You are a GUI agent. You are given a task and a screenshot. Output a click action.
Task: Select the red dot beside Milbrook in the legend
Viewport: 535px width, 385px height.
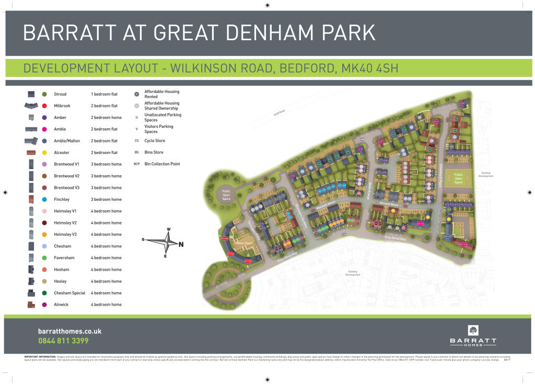[44, 106]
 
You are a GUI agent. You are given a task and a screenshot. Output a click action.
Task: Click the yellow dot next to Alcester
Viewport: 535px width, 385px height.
[44, 153]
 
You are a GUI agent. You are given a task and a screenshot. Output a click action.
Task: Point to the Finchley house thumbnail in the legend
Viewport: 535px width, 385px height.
[31, 199]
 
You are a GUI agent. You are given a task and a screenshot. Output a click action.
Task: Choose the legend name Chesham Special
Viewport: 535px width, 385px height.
[69, 293]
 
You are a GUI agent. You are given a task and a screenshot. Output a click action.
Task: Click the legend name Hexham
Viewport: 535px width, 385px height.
[62, 270]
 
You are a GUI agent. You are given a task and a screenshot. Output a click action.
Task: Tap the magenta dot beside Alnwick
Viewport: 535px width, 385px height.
[44, 305]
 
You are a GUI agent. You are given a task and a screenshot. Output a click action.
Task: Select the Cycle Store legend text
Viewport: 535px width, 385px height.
[155, 141]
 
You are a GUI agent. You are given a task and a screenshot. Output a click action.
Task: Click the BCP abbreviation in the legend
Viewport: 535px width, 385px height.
[137, 164]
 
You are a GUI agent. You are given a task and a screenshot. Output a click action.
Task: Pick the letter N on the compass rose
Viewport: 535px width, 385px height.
[181, 244]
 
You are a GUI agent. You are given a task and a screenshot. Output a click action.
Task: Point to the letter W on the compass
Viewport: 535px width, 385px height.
[168, 230]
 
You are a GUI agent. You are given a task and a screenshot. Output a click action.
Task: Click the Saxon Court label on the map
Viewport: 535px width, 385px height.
[244, 243]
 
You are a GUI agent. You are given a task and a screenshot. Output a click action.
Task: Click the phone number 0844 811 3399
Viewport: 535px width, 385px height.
[63, 341]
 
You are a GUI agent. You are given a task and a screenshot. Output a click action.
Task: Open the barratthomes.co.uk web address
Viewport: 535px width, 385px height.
[69, 331]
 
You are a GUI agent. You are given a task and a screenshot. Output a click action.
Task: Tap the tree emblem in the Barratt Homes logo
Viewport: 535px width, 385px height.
[473, 330]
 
